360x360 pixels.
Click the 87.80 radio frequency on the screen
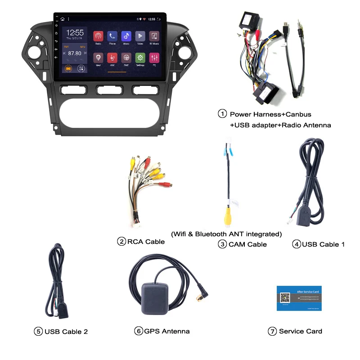[75, 53]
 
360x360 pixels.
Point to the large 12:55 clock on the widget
[75, 33]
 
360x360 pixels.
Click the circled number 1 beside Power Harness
[222, 114]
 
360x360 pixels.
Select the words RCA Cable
[146, 242]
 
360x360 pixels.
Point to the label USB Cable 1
[323, 244]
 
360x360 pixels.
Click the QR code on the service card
[285, 298]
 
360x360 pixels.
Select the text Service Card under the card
[301, 331]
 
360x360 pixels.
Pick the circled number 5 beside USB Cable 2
[38, 332]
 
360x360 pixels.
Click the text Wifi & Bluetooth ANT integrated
[226, 234]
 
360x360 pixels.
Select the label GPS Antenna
[167, 331]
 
